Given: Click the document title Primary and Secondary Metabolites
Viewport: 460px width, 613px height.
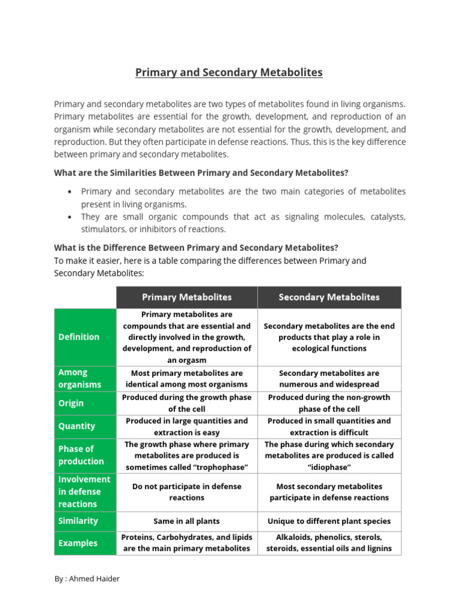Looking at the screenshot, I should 229,72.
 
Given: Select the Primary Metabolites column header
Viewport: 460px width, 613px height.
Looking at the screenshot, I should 186,297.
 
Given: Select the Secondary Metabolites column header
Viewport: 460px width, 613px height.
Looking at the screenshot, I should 329,297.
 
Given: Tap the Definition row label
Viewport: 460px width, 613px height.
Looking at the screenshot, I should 79,337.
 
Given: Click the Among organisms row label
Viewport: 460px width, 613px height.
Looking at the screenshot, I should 80,378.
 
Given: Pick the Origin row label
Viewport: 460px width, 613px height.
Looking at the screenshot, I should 71,403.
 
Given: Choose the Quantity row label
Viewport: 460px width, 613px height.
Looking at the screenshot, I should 77,426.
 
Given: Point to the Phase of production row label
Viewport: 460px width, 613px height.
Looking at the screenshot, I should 81,455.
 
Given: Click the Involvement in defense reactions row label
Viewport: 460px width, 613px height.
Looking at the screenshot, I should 84,491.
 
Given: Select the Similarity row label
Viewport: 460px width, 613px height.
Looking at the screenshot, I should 78,521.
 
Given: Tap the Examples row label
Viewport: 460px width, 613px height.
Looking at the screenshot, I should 78,543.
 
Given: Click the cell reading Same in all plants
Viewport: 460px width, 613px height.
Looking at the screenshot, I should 186,521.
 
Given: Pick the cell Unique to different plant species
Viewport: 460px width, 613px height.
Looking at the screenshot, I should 329,521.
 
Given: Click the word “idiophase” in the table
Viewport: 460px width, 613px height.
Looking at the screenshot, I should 329,466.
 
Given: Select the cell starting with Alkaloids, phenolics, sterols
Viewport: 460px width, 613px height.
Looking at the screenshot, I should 329,543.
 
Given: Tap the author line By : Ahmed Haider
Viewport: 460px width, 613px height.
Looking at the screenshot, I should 86,579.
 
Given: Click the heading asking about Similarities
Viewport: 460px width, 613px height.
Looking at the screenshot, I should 201,173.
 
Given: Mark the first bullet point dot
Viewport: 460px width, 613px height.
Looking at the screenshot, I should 70,192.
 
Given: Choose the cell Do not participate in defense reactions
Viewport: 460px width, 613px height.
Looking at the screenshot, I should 186,492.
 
